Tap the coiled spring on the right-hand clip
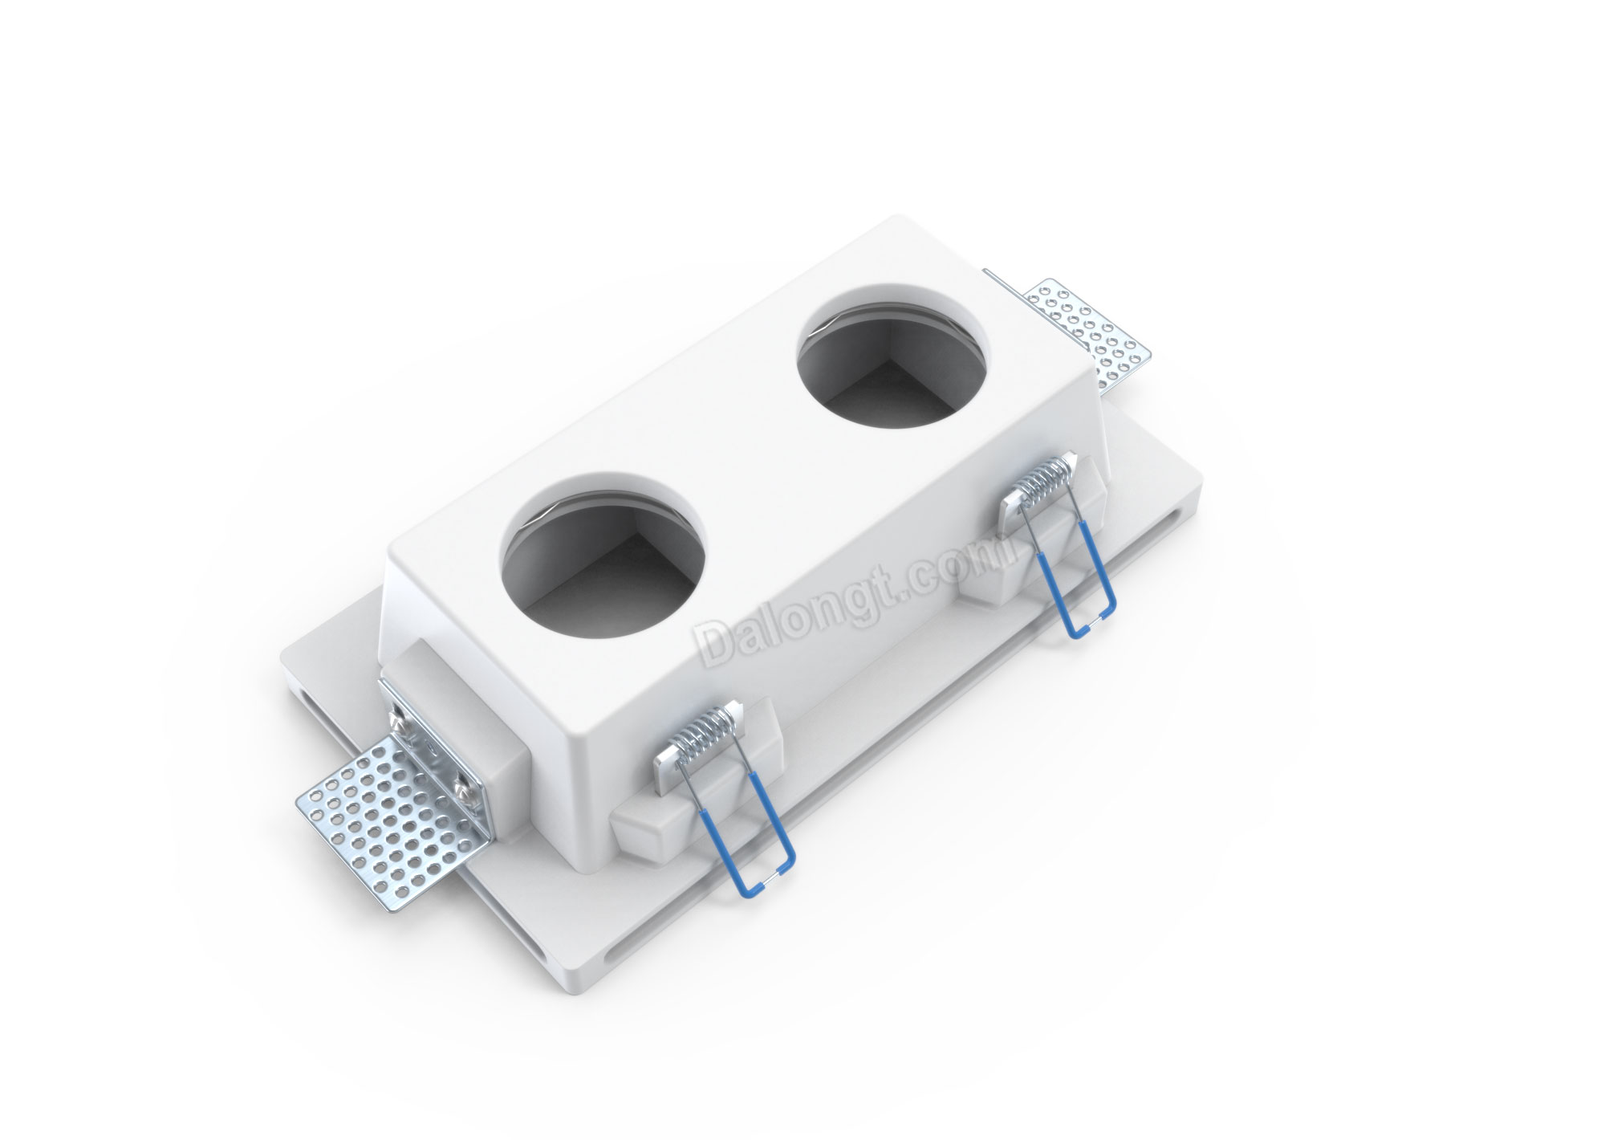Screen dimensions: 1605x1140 pos(1042,487)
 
